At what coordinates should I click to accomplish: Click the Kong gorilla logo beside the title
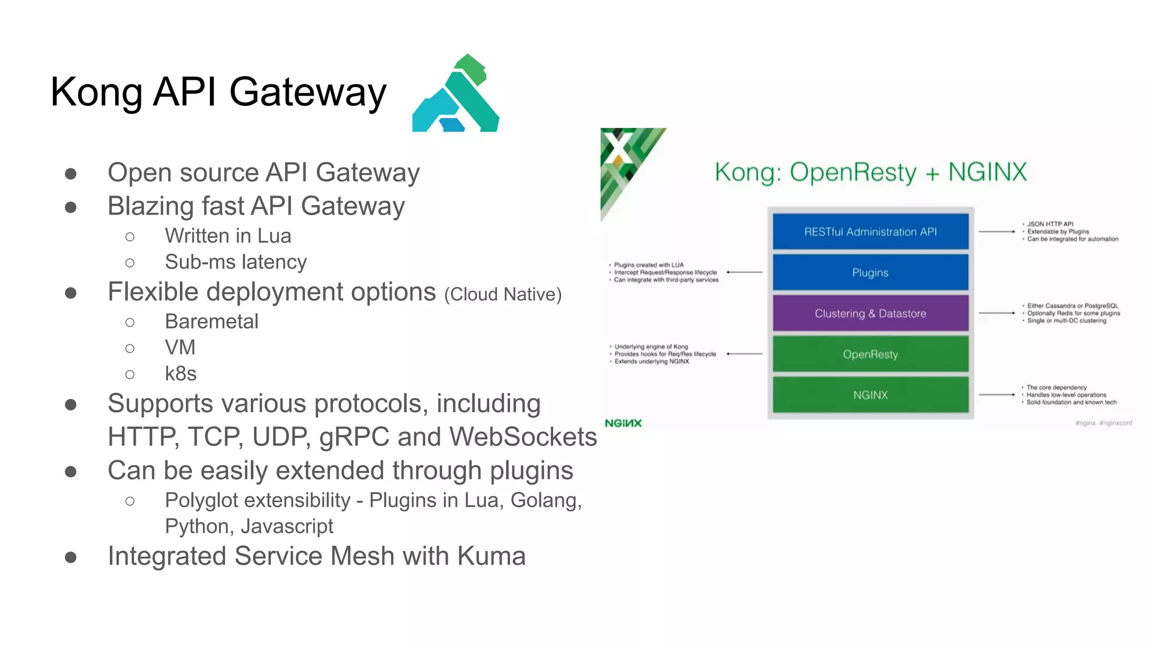coord(456,94)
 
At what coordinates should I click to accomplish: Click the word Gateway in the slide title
coord(308,92)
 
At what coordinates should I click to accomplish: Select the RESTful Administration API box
coord(870,231)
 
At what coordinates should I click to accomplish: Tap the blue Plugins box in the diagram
coord(870,272)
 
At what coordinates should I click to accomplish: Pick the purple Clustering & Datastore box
coord(870,313)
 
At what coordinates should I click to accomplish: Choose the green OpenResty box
coord(870,354)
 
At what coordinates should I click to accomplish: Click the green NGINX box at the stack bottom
coord(870,395)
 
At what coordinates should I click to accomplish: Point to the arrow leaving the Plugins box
coord(744,272)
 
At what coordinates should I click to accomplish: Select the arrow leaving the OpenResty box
coord(744,354)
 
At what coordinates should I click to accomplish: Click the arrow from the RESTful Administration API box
coord(997,231)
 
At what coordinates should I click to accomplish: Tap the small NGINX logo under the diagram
coord(623,423)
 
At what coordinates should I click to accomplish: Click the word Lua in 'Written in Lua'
coord(274,236)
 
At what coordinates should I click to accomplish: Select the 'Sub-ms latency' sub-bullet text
coord(236,262)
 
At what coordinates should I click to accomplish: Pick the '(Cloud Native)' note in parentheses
coord(503,294)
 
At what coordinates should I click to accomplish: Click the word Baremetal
coord(212,321)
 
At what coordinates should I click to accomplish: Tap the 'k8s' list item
coord(181,373)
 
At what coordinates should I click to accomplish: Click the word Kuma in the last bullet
coord(491,556)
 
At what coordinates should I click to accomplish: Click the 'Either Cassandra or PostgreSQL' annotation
coord(1072,306)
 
